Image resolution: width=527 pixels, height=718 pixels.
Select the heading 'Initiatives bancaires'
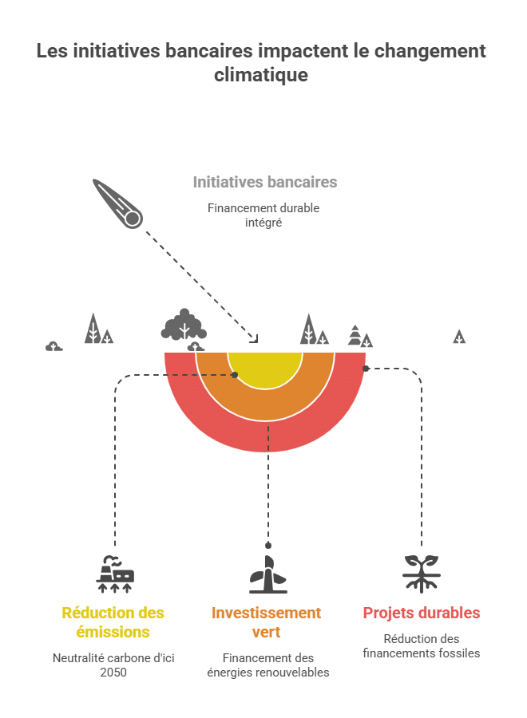tap(265, 182)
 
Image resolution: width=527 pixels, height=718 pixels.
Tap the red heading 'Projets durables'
tap(422, 613)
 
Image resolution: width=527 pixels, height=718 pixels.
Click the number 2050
tap(113, 672)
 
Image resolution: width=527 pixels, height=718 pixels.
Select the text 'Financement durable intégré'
tap(263, 215)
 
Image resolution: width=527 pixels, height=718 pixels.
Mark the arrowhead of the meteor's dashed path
tap(255, 338)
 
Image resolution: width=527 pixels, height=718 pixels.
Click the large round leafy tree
tap(184, 325)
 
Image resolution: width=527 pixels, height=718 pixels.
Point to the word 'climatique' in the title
tap(261, 75)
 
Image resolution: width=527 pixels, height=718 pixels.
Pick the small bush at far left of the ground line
tap(53, 345)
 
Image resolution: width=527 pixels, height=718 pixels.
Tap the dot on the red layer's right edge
tap(366, 369)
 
